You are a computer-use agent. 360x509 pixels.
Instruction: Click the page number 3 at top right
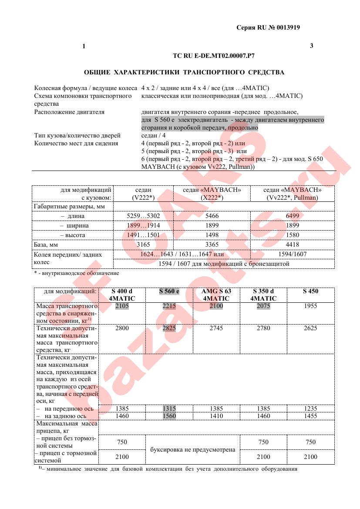click(x=311, y=46)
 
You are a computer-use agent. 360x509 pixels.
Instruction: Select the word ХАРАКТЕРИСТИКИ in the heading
click(x=146, y=72)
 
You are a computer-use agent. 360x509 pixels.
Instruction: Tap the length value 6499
click(x=293, y=216)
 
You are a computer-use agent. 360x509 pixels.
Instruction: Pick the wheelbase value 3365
click(x=211, y=244)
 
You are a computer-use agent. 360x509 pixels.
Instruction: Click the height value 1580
click(x=293, y=235)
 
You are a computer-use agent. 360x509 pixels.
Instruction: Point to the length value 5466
click(x=211, y=216)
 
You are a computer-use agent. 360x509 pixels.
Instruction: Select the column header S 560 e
click(x=169, y=291)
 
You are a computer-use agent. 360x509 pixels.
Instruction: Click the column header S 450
click(x=310, y=291)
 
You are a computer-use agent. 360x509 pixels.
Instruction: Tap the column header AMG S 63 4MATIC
click(x=216, y=295)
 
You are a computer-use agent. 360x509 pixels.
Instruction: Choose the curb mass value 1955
click(x=310, y=306)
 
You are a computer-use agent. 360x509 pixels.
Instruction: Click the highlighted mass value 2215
click(x=169, y=306)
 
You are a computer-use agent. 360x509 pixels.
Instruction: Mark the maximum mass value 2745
click(x=216, y=328)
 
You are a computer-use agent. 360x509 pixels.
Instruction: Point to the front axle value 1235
click(x=310, y=409)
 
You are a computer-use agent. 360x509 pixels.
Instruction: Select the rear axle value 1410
click(x=216, y=416)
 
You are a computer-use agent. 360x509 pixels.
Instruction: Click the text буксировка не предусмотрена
click(x=192, y=449)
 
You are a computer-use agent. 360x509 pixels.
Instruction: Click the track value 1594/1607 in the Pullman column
click(x=293, y=254)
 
